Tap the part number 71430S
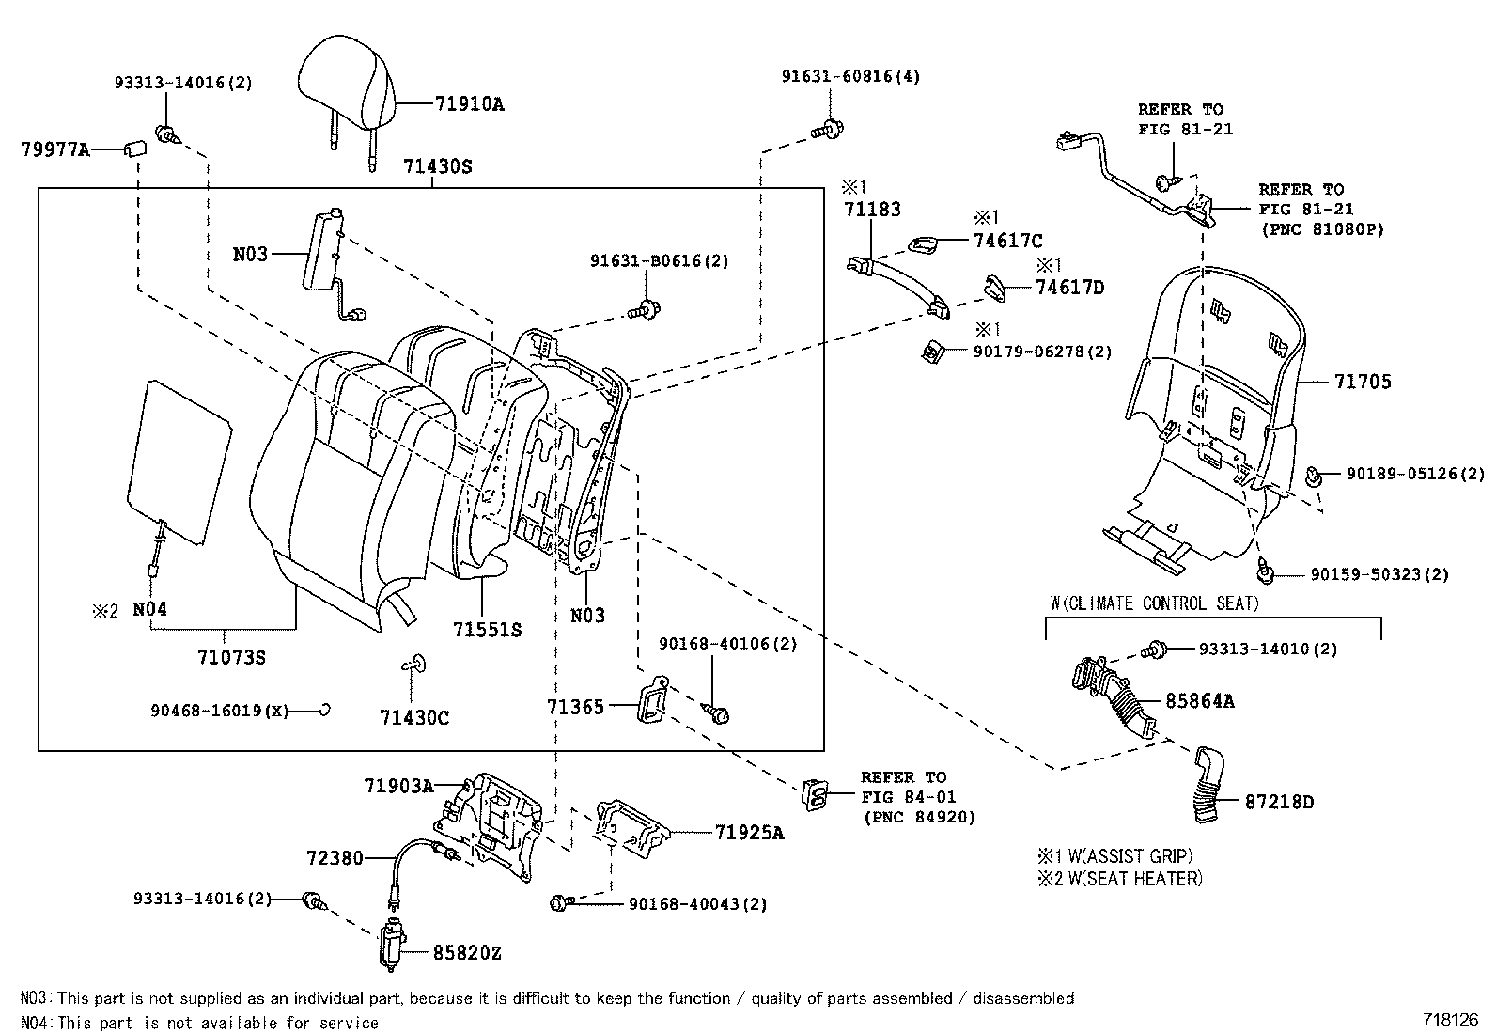click(437, 167)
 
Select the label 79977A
click(55, 149)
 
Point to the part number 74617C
click(1007, 242)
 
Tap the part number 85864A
click(1200, 700)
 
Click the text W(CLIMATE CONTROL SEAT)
click(1153, 603)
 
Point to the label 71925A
click(748, 832)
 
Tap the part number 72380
click(334, 858)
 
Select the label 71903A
click(398, 786)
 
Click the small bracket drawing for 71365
click(652, 701)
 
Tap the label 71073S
click(231, 657)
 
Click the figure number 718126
click(1451, 1019)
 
